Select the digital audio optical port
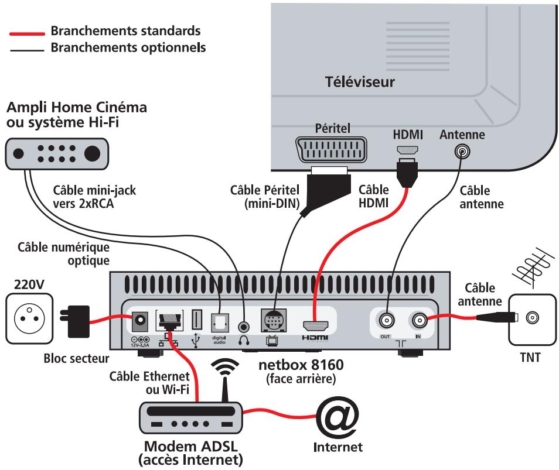click(220, 321)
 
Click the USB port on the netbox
click(197, 321)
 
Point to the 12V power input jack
click(141, 320)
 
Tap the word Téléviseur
click(360, 82)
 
